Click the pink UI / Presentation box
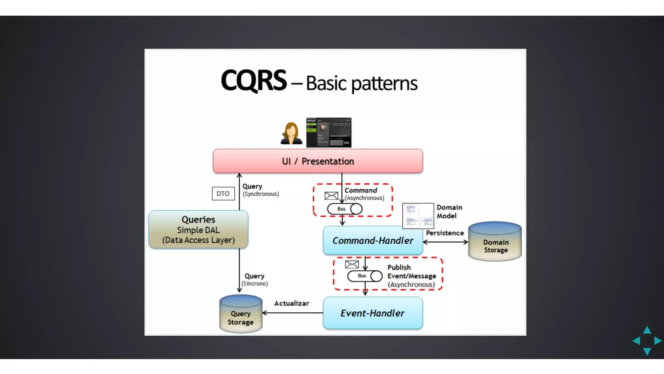pyautogui.click(x=318, y=161)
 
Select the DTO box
pyautogui.click(x=223, y=193)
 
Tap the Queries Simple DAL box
pyautogui.click(x=198, y=230)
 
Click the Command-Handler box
pyautogui.click(x=373, y=241)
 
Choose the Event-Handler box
pyautogui.click(x=373, y=313)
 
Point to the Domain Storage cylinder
pyautogui.click(x=495, y=242)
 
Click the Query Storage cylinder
pyautogui.click(x=241, y=314)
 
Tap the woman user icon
pyautogui.click(x=291, y=133)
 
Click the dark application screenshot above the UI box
pyautogui.click(x=329, y=132)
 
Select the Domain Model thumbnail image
pyautogui.click(x=418, y=216)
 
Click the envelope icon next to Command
pyautogui.click(x=331, y=196)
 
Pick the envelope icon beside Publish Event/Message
pyautogui.click(x=352, y=264)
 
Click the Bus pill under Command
pyautogui.click(x=344, y=209)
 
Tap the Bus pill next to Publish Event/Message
pyautogui.click(x=365, y=276)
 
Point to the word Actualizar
pyautogui.click(x=291, y=303)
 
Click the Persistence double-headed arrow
pyautogui.click(x=445, y=242)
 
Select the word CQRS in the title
pyautogui.click(x=254, y=81)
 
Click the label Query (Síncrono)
pyautogui.click(x=255, y=280)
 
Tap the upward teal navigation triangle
pyautogui.click(x=647, y=330)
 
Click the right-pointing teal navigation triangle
pyautogui.click(x=657, y=341)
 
